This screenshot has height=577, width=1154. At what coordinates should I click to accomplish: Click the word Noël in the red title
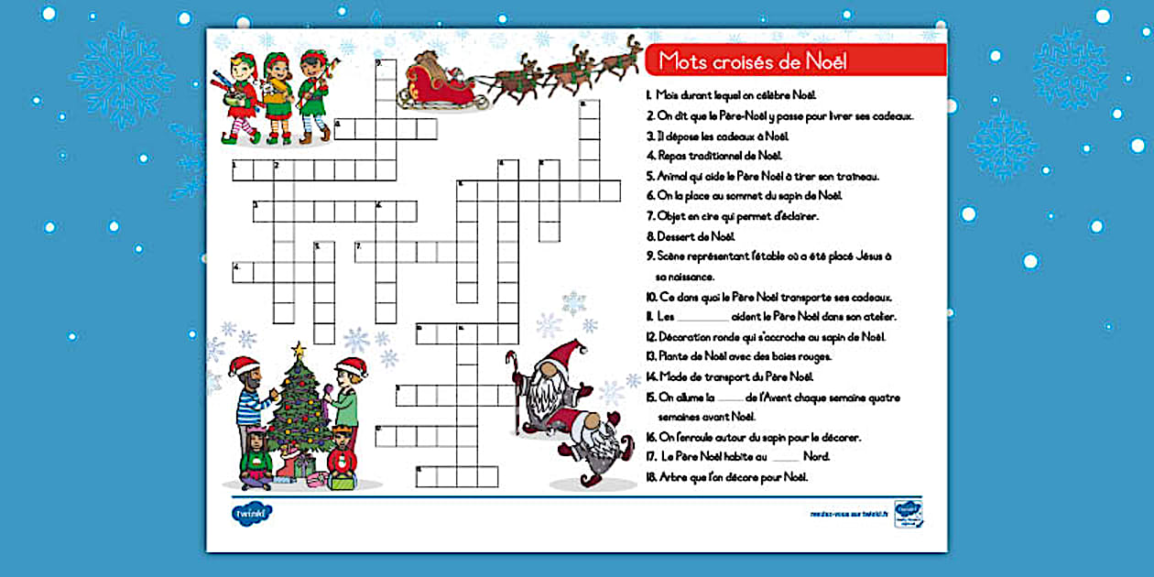pos(822,61)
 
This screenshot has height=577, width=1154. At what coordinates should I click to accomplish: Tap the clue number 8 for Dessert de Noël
pos(649,236)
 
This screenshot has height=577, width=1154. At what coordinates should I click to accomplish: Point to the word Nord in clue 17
pos(815,456)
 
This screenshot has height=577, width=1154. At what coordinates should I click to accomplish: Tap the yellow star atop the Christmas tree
pos(297,349)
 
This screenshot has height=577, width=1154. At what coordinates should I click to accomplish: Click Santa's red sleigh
pos(436,82)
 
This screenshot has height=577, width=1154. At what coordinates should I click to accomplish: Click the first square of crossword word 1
pos(242,170)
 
